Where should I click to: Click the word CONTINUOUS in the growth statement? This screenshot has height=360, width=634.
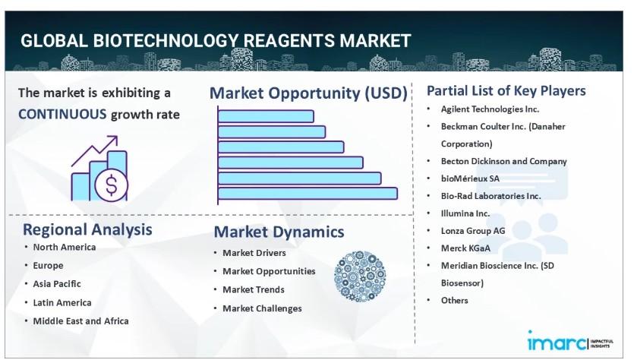pyautogui.click(x=62, y=115)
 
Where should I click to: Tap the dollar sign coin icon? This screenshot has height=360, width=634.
pyautogui.click(x=111, y=185)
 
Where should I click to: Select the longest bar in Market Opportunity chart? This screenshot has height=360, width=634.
pyautogui.click(x=308, y=194)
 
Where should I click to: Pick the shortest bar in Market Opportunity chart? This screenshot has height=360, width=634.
pyautogui.click(x=266, y=116)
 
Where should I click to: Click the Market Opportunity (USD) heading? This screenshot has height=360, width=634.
pyautogui.click(x=308, y=93)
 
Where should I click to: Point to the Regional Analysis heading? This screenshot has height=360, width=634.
pyautogui.click(x=87, y=229)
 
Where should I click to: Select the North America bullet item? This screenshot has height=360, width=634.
pyautogui.click(x=65, y=247)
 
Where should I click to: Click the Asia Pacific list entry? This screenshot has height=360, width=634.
pyautogui.click(x=57, y=284)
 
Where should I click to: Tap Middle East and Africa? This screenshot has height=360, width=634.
pyautogui.click(x=81, y=321)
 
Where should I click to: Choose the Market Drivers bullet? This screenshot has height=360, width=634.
pyautogui.click(x=254, y=253)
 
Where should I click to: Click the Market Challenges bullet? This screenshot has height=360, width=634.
pyautogui.click(x=263, y=308)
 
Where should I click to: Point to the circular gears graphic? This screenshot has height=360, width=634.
pyautogui.click(x=360, y=276)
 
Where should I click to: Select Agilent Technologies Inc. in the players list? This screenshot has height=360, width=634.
pyautogui.click(x=490, y=109)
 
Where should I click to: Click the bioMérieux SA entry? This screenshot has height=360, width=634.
pyautogui.click(x=470, y=178)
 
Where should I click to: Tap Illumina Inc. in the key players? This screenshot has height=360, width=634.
pyautogui.click(x=465, y=213)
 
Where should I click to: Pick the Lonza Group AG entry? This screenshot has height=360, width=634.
pyautogui.click(x=473, y=231)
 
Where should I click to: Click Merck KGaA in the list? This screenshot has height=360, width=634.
pyautogui.click(x=465, y=248)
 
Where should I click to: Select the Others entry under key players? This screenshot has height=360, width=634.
pyautogui.click(x=455, y=301)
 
